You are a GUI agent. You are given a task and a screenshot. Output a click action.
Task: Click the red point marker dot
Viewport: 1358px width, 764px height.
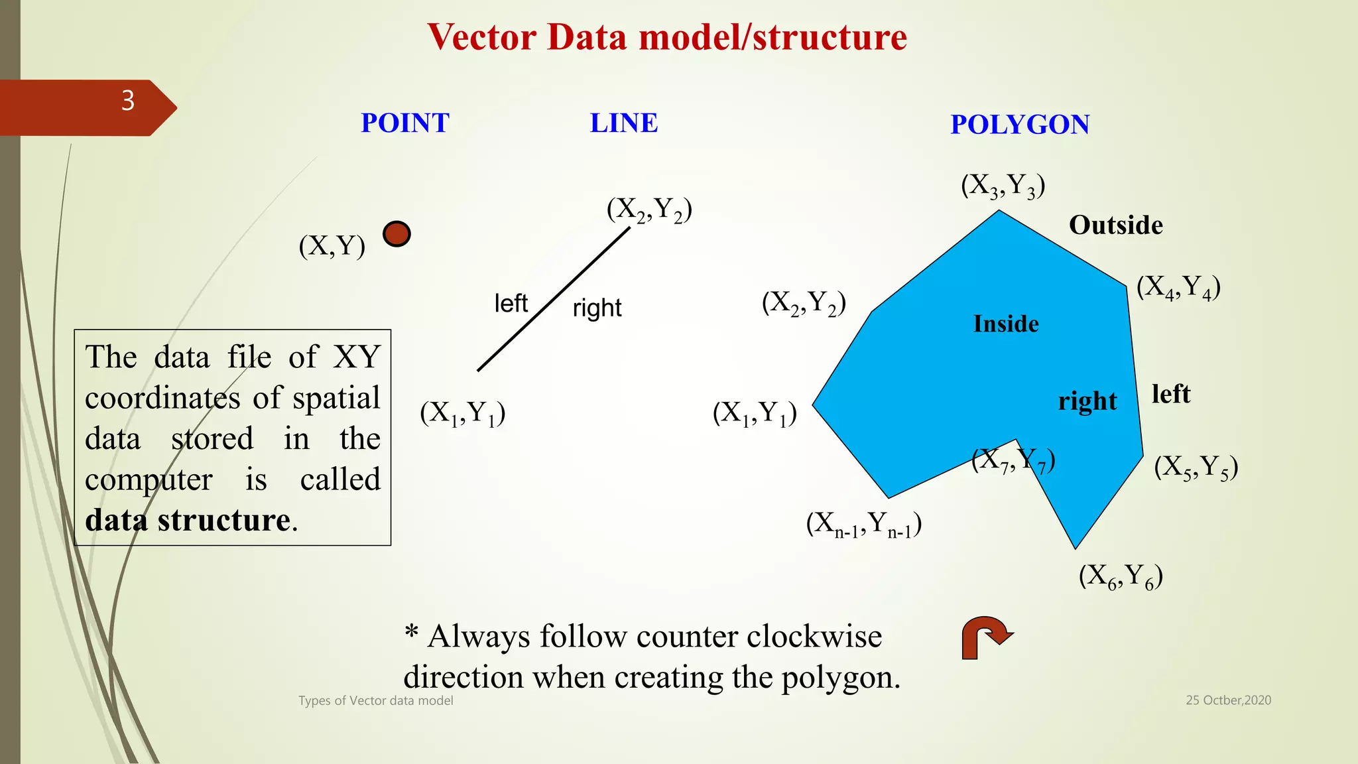tap(397, 234)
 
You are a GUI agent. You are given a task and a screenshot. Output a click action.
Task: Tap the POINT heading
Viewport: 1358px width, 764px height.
tap(404, 123)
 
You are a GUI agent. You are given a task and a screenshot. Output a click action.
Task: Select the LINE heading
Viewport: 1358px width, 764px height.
tap(623, 123)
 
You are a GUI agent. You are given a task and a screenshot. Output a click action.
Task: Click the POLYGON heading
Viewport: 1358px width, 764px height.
tap(1019, 125)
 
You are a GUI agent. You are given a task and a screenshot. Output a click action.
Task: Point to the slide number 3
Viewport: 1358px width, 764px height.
tap(128, 101)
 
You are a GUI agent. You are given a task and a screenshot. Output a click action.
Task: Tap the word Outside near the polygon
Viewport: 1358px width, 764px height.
tap(1115, 225)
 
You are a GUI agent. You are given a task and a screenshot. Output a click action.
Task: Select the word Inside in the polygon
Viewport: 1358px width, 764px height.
tap(1005, 324)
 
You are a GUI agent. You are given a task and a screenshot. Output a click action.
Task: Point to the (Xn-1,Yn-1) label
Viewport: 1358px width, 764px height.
tap(863, 525)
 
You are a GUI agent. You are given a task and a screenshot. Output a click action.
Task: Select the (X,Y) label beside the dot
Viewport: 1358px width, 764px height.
tap(332, 246)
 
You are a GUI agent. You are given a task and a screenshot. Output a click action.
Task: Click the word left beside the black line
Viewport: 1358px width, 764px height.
tap(511, 304)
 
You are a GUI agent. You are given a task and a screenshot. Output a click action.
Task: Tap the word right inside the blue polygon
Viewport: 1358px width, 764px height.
tap(1087, 401)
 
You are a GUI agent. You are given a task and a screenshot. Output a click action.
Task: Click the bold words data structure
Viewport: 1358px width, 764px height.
tap(188, 520)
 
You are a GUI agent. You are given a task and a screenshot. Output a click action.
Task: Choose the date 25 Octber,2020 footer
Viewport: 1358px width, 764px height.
tap(1228, 700)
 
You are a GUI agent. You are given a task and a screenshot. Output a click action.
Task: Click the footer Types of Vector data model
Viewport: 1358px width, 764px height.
tap(375, 700)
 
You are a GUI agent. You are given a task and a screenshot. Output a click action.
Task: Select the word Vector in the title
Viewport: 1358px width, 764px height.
tap(481, 37)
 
